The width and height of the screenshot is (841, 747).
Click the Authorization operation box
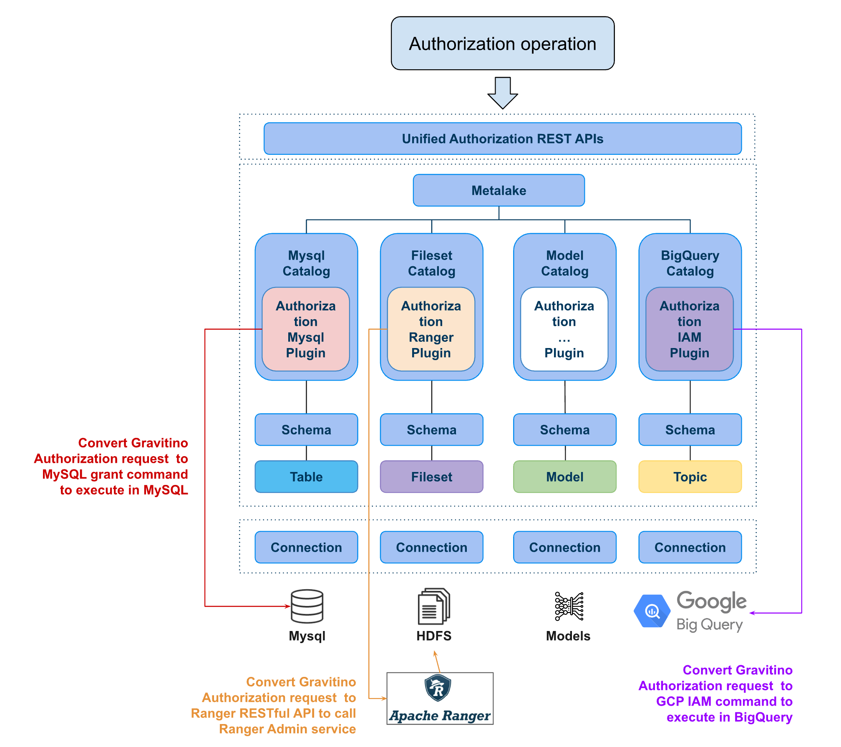pos(502,43)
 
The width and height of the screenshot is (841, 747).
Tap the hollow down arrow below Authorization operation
pos(502,93)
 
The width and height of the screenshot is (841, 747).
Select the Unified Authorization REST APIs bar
pos(502,139)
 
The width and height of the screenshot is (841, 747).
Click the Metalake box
pos(499,190)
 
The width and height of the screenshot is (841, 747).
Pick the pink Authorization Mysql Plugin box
pos(305,329)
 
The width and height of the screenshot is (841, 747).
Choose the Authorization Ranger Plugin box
pos(431,329)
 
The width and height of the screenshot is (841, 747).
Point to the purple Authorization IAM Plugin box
pos(689,329)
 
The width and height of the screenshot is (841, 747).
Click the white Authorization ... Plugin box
pos(564,329)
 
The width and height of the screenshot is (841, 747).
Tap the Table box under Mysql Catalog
pos(306,477)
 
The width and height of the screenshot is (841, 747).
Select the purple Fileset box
pos(431,477)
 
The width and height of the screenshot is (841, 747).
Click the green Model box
pos(565,477)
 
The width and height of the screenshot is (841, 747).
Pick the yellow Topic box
pos(690,477)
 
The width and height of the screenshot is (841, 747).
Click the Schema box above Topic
pos(690,430)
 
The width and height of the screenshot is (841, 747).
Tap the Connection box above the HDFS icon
pos(431,547)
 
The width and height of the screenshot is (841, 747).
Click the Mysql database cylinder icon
pos(307,606)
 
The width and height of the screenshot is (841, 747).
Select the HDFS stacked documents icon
pos(434,606)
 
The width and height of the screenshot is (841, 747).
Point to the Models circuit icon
pos(569,606)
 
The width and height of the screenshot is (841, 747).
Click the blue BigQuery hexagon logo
pos(652,611)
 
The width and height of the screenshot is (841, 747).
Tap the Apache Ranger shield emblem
pos(438,688)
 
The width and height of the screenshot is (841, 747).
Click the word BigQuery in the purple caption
pos(763,717)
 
